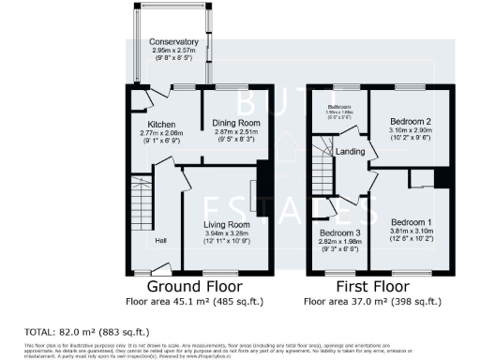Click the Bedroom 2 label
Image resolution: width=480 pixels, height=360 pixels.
coord(409,124)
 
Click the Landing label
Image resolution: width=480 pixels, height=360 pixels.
coord(351,152)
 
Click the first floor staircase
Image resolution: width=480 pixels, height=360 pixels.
coord(323,176)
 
